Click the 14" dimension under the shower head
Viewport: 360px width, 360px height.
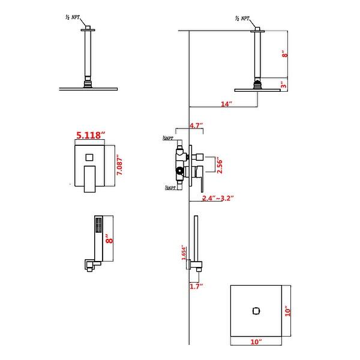pyautogui.click(x=226, y=104)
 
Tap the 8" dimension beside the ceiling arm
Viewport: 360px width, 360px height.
pyautogui.click(x=286, y=54)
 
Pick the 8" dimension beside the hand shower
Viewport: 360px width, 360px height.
pyautogui.click(x=109, y=238)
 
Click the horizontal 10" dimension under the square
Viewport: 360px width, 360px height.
pyautogui.click(x=257, y=341)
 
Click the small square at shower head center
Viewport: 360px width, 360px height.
pyautogui.click(x=256, y=310)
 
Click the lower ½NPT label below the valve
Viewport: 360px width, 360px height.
pyautogui.click(x=170, y=188)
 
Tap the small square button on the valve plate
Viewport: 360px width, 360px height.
pyautogui.click(x=89, y=158)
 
